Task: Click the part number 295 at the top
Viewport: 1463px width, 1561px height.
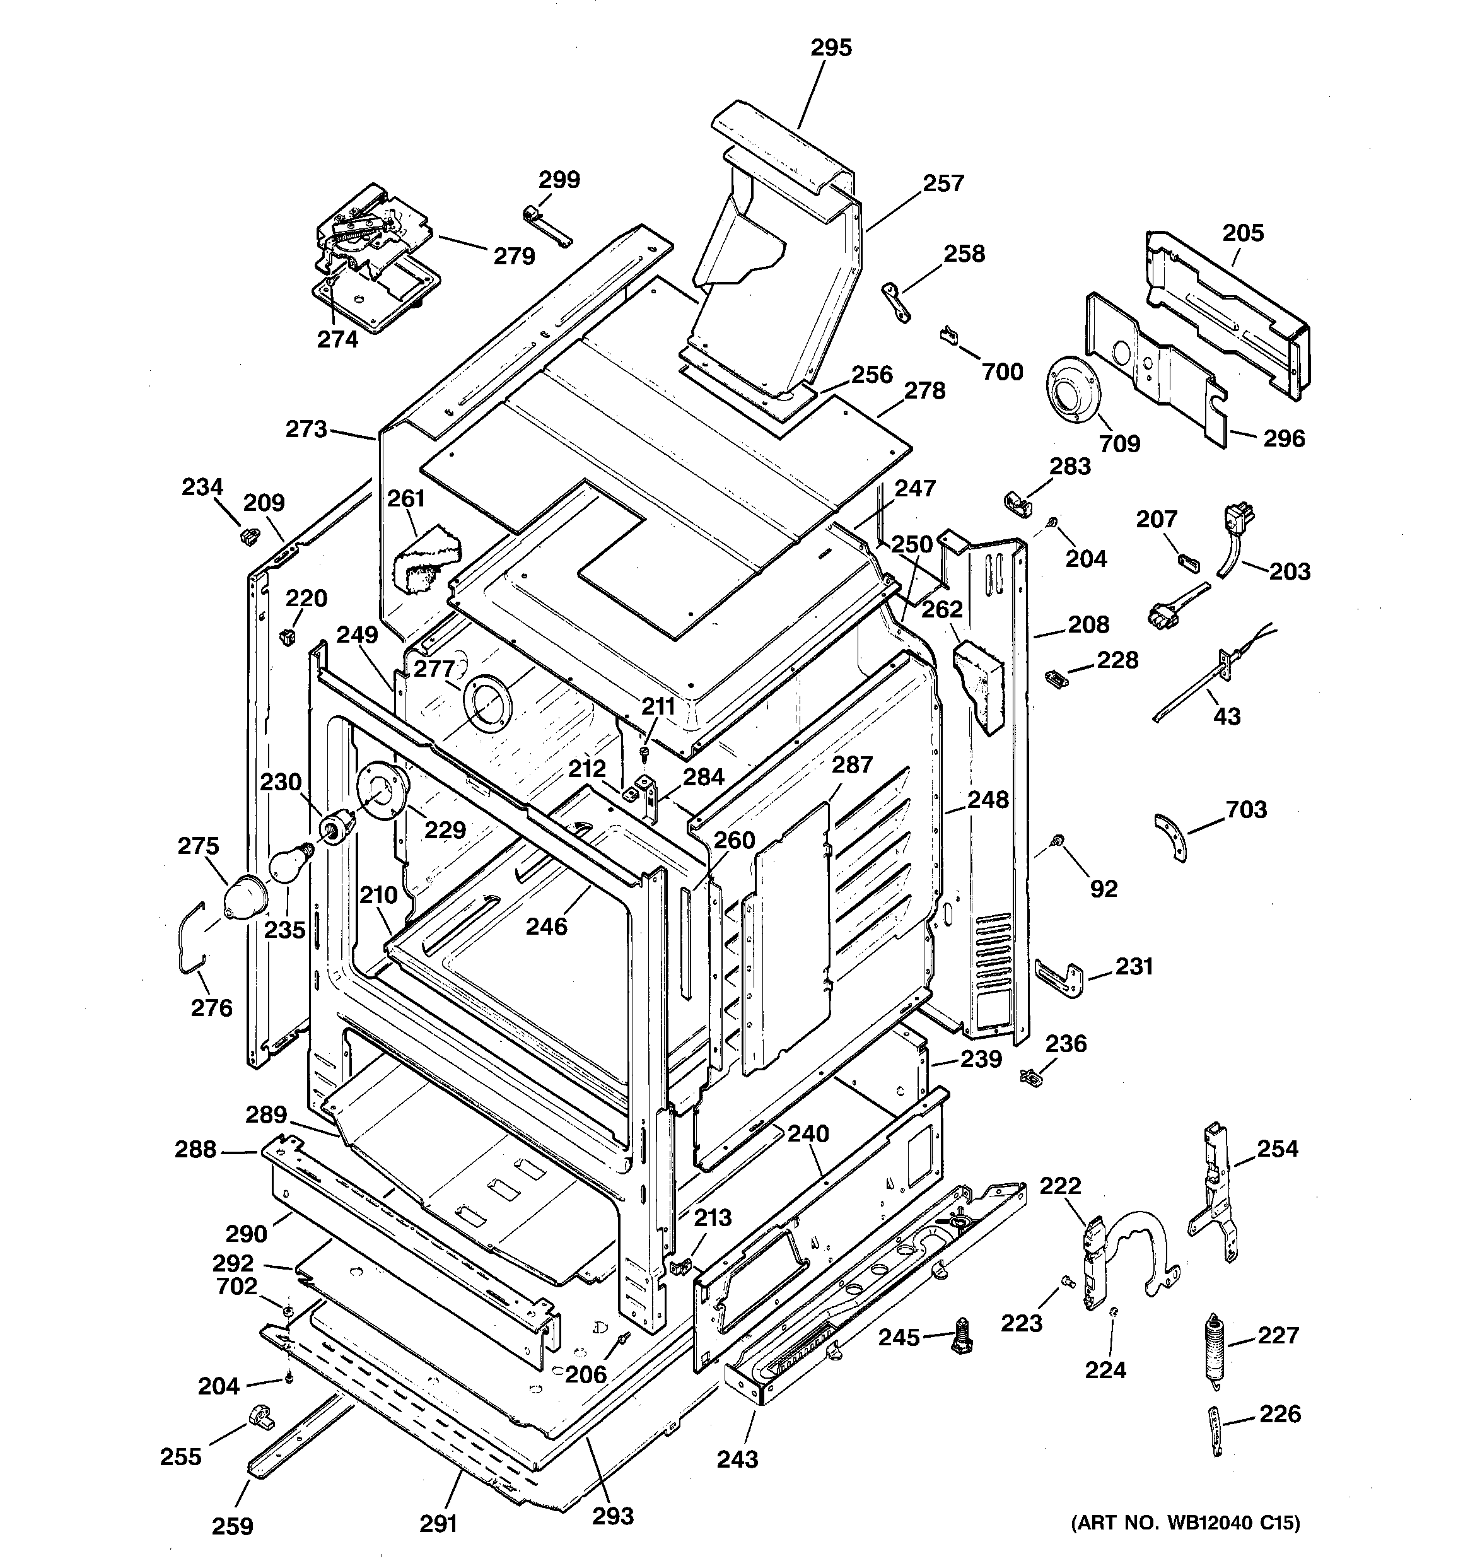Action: click(831, 49)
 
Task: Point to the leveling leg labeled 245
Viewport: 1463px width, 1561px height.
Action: click(961, 1336)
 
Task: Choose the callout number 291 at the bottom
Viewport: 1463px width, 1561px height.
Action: click(438, 1523)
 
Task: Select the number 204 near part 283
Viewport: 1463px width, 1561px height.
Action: click(1086, 558)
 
